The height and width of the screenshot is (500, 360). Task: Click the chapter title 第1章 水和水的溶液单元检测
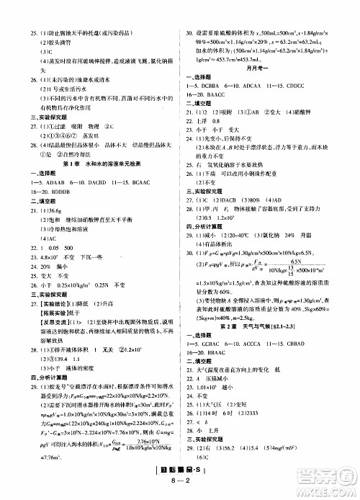[96, 163]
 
